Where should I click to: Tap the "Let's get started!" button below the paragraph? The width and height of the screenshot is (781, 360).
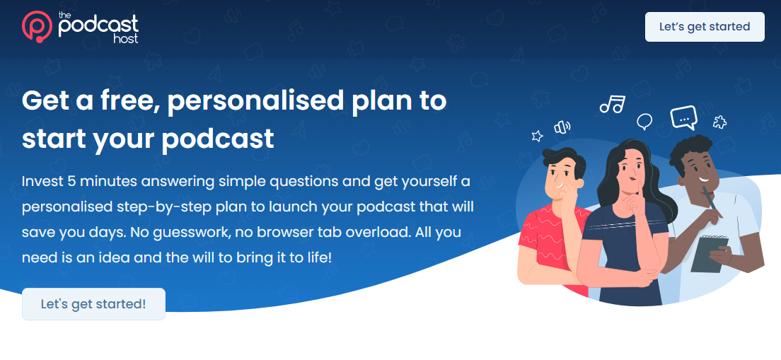pyautogui.click(x=93, y=303)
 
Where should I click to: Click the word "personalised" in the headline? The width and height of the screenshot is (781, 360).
pyautogui.click(x=255, y=102)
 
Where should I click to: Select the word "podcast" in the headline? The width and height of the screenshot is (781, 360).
pyautogui.click(x=218, y=138)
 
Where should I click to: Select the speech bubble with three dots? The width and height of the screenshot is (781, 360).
pyautogui.click(x=683, y=118)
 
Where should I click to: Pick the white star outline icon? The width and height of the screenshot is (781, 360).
pyautogui.click(x=537, y=135)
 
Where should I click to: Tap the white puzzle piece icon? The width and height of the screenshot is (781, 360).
pyautogui.click(x=719, y=122)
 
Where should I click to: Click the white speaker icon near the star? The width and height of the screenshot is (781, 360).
pyautogui.click(x=562, y=127)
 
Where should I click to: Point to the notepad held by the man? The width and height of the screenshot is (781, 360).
pyautogui.click(x=710, y=254)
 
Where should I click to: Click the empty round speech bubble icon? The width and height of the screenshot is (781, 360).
pyautogui.click(x=644, y=121)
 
